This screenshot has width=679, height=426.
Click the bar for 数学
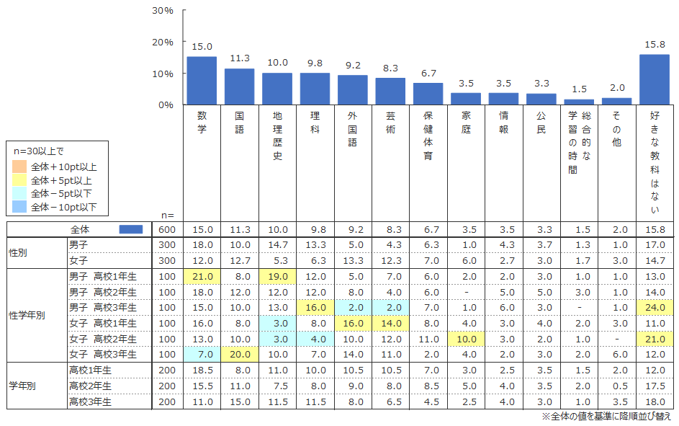tap(202, 81)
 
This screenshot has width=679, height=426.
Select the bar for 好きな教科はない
tap(655, 79)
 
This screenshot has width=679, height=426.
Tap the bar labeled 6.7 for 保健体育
tap(428, 94)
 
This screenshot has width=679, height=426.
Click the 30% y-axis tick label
tap(163, 11)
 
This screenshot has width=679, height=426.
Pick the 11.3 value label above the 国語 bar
tap(240, 58)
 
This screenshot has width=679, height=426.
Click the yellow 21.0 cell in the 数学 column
tap(202, 277)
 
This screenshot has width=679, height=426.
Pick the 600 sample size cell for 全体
tap(167, 230)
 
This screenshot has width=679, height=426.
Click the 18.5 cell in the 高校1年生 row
tap(202, 370)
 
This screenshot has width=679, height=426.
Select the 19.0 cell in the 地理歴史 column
tap(277, 277)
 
